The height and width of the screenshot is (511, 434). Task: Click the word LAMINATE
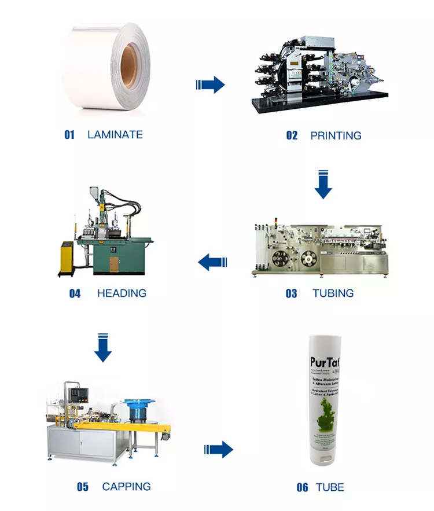[115, 135]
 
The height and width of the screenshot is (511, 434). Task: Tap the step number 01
[69, 135]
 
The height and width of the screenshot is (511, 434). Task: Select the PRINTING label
[336, 136]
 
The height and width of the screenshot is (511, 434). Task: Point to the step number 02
[292, 136]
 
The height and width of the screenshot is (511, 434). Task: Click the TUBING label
[333, 293]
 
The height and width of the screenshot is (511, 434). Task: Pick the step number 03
[291, 294]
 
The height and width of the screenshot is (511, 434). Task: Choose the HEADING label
[122, 293]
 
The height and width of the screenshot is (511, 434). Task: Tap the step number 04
[75, 293]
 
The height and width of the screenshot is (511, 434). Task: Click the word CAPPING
[126, 487]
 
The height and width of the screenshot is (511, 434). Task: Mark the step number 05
[83, 487]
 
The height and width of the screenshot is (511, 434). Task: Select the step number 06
[302, 487]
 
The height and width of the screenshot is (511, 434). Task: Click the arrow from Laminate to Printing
[211, 85]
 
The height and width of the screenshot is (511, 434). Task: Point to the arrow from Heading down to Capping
[103, 348]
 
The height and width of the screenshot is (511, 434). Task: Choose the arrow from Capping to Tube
[219, 448]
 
